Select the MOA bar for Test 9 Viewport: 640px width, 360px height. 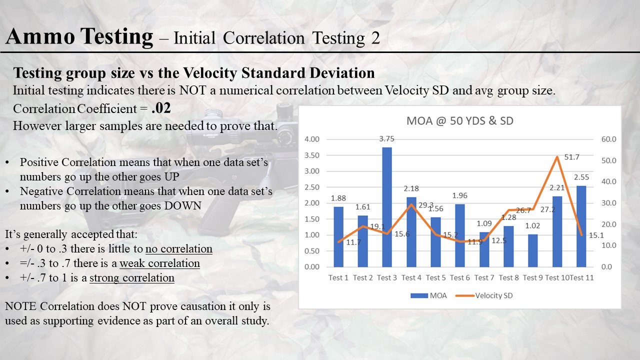532,250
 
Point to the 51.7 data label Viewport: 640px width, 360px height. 571,157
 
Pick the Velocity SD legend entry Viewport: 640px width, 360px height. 484,295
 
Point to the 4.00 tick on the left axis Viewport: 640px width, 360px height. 311,139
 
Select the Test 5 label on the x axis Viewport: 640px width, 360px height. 435,277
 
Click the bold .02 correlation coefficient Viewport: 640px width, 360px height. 161,108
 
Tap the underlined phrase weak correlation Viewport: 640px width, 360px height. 159,263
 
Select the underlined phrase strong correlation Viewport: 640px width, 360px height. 132,278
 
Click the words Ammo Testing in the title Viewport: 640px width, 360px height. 79,37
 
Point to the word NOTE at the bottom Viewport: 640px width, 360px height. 20,305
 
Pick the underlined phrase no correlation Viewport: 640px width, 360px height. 179,249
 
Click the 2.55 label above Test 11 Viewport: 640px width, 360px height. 581,177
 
